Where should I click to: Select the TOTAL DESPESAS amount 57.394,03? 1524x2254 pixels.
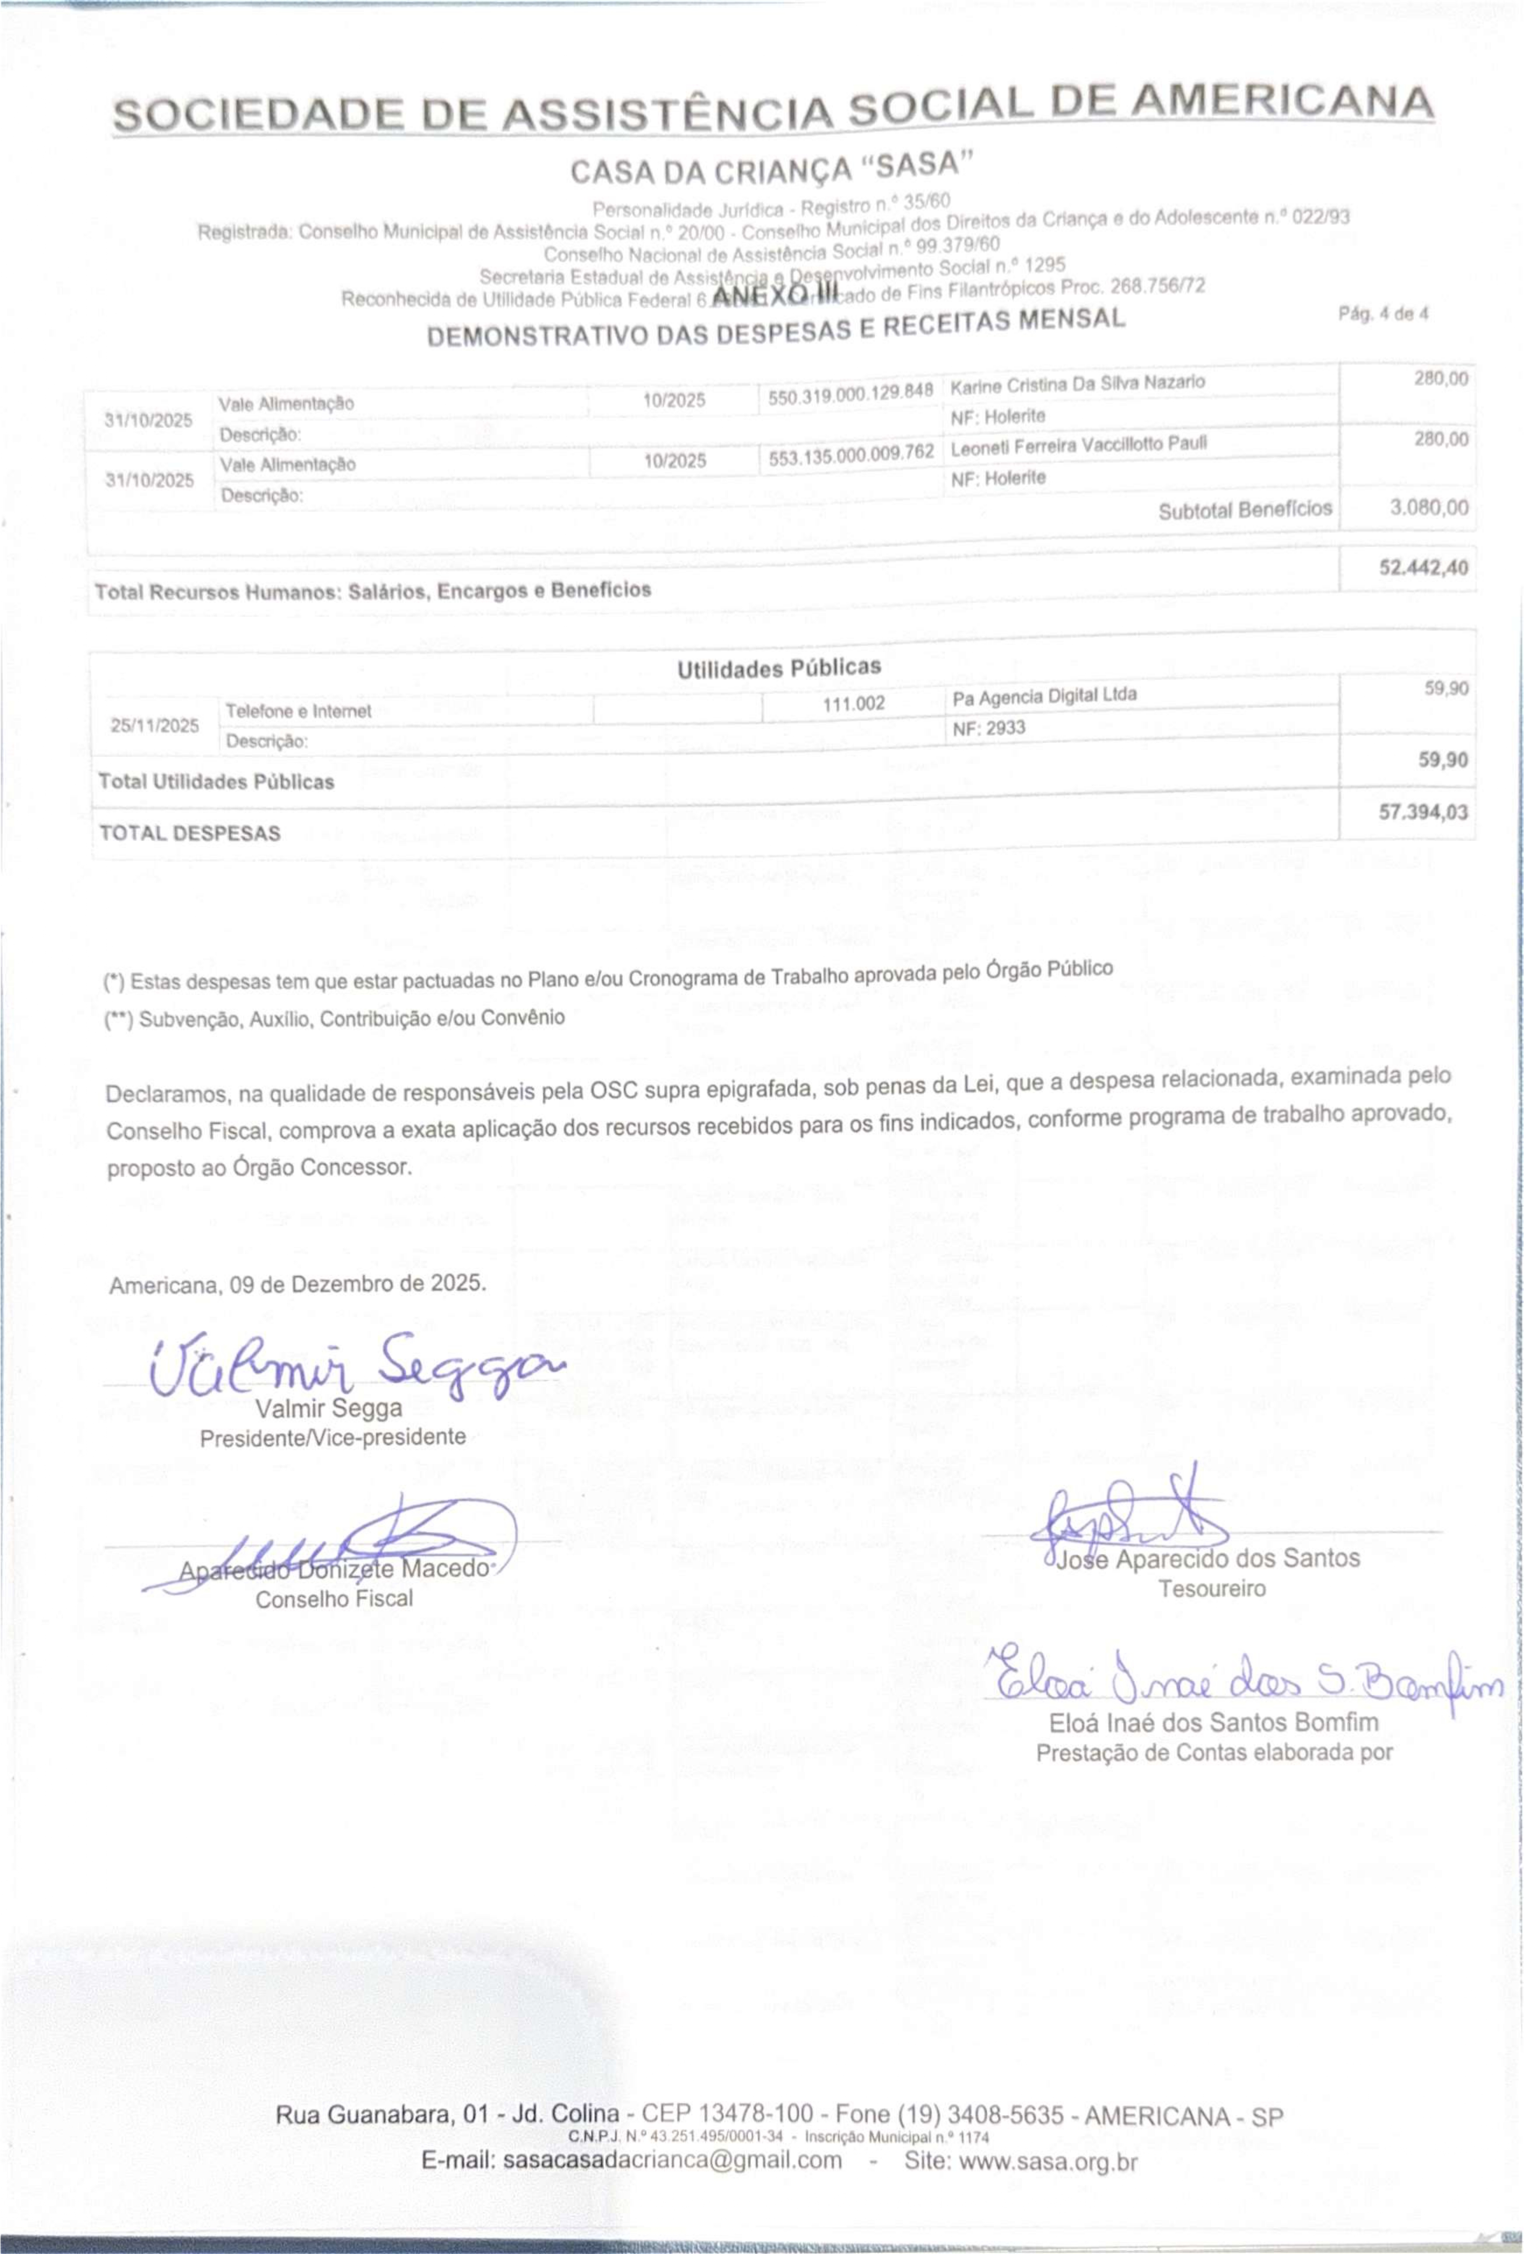1422,812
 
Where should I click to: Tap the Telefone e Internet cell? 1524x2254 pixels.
299,711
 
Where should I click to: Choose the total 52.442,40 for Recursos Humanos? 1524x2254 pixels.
1422,567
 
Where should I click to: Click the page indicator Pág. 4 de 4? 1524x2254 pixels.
1383,314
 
